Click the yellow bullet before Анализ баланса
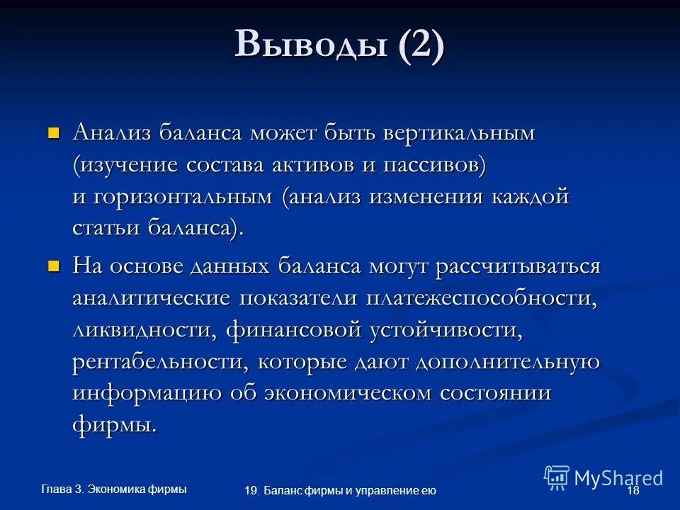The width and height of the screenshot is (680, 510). [52, 132]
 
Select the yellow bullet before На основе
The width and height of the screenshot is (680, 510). [52, 266]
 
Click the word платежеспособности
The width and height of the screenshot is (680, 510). [481, 298]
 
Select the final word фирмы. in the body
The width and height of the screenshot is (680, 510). [114, 426]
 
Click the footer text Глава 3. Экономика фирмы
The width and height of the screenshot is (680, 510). [114, 488]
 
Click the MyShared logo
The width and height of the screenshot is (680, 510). [603, 478]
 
